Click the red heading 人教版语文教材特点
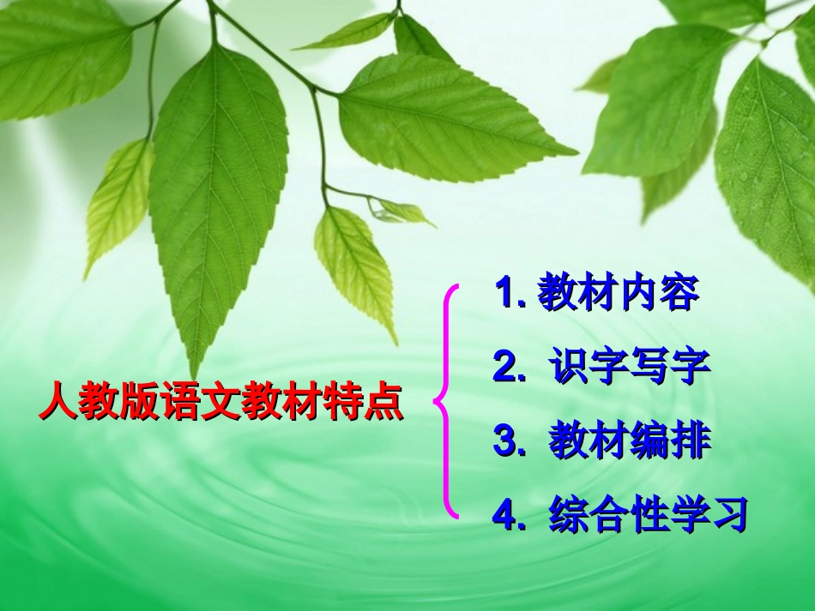[220, 402]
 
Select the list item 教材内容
[618, 295]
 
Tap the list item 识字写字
[629, 368]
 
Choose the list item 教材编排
[629, 442]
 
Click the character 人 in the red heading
[57, 402]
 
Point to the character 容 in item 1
[679, 295]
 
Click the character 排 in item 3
[691, 442]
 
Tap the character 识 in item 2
[568, 368]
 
